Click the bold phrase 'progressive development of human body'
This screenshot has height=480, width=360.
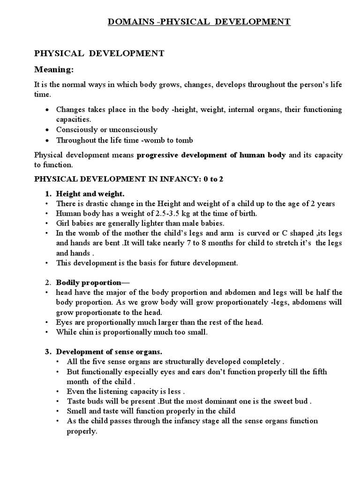point(211,155)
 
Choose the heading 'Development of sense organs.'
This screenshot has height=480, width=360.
point(109,352)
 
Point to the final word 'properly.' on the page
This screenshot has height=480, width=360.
point(81,432)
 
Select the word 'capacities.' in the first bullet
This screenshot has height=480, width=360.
point(74,119)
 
